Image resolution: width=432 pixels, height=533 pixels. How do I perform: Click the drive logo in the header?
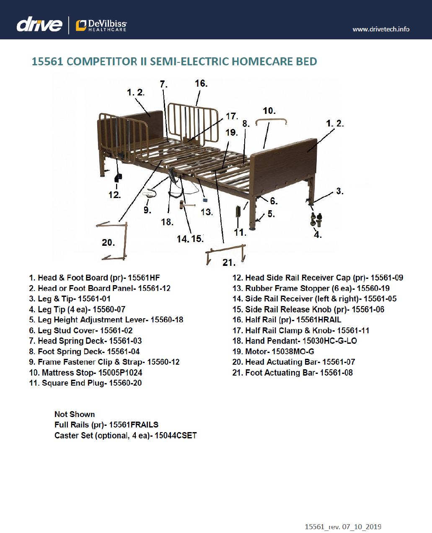click(x=39, y=25)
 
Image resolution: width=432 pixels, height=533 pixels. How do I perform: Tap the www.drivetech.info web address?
click(x=381, y=29)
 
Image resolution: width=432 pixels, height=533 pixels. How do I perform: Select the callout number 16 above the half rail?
click(x=201, y=84)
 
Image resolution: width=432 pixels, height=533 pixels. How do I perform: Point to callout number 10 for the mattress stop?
click(x=269, y=111)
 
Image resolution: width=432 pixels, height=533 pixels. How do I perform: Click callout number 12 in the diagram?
click(x=114, y=195)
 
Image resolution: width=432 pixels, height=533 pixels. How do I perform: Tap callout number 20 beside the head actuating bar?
click(x=108, y=243)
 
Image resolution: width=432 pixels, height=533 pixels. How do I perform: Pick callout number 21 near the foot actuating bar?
click(x=229, y=263)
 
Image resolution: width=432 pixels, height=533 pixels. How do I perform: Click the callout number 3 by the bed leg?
click(x=339, y=191)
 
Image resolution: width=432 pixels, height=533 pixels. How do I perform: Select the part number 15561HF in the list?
click(x=144, y=278)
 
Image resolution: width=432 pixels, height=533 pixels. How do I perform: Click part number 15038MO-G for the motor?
click(x=293, y=352)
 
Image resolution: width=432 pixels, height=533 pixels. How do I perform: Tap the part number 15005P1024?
click(x=120, y=373)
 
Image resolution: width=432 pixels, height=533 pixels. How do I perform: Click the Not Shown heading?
click(x=75, y=415)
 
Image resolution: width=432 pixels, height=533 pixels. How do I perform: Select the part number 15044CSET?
click(x=176, y=436)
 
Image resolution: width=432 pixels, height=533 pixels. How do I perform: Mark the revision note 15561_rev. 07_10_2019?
click(x=343, y=527)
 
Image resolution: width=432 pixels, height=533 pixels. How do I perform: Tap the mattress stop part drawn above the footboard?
click(x=272, y=121)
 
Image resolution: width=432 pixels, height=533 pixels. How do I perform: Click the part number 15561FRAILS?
click(x=134, y=425)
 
